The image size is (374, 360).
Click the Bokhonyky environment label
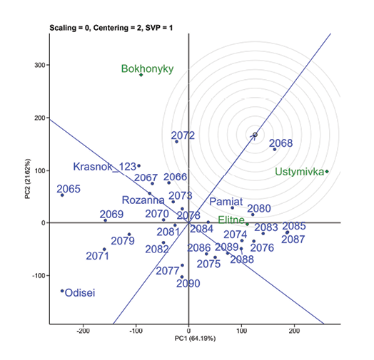click(147, 69)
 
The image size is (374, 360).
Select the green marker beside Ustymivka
click(327, 171)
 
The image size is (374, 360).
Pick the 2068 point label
click(280, 143)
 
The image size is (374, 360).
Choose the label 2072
click(183, 135)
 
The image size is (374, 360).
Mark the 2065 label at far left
click(69, 189)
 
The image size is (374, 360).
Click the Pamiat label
click(227, 202)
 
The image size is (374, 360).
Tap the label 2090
click(188, 284)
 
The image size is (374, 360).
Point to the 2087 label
click(293, 240)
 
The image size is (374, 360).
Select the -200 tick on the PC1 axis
click(84, 330)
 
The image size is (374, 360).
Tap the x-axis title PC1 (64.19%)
click(189, 341)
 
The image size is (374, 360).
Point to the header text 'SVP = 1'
click(158, 28)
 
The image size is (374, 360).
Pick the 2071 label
click(97, 256)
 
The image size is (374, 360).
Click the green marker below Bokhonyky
click(141, 75)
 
